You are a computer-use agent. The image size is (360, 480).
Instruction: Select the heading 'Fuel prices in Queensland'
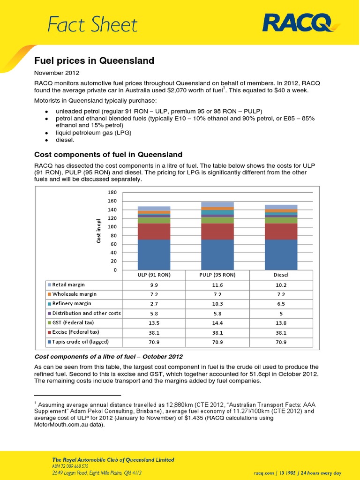pos(95,61)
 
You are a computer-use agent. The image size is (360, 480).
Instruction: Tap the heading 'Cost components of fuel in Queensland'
pos(108,155)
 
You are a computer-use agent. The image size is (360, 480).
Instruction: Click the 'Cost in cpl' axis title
pos(99,231)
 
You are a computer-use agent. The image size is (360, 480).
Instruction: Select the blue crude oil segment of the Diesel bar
pos(281,255)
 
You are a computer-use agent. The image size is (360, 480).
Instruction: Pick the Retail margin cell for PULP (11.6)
pos(217,285)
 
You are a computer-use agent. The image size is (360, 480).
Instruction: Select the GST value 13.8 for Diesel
pos(281,323)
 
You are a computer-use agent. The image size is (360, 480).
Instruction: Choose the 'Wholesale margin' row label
pos(75,294)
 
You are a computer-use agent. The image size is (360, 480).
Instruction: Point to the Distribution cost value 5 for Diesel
pos(281,313)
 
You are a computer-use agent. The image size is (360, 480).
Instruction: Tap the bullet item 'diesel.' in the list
pos(67,140)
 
